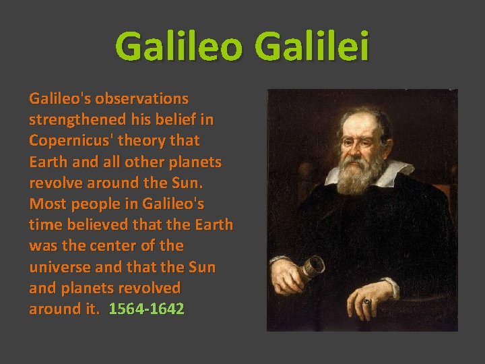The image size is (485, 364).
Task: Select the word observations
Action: [143, 98]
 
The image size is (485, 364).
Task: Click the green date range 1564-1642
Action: [146, 309]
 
